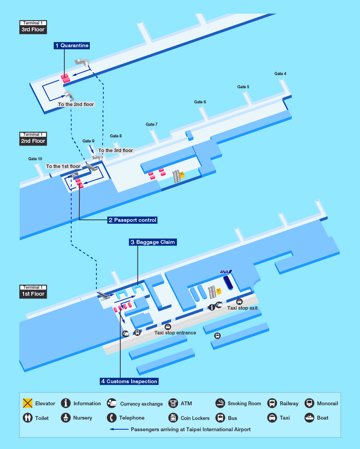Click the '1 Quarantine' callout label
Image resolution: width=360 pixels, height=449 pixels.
click(x=71, y=46)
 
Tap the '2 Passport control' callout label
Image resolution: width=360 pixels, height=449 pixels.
click(x=132, y=220)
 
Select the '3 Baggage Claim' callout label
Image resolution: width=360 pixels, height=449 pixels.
click(x=153, y=242)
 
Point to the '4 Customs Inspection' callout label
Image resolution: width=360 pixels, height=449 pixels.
click(x=129, y=381)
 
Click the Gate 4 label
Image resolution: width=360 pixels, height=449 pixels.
click(x=280, y=74)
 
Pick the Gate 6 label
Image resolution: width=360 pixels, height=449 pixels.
click(x=200, y=102)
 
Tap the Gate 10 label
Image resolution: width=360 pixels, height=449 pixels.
click(x=35, y=159)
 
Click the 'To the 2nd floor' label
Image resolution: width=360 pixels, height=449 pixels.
click(x=76, y=105)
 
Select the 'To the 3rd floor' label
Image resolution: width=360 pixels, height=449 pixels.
click(x=115, y=151)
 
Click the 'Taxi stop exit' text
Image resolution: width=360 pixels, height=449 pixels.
click(x=242, y=308)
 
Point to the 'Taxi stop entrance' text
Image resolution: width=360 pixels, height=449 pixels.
click(x=175, y=332)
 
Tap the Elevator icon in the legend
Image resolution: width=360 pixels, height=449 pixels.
click(x=27, y=403)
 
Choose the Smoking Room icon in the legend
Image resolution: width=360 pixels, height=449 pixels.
click(x=220, y=403)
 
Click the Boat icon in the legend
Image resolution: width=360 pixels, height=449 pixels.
click(x=309, y=418)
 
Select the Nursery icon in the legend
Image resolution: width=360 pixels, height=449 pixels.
click(x=66, y=418)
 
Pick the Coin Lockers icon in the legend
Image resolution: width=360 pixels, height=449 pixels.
click(x=173, y=418)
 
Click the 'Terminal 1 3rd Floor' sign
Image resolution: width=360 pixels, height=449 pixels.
click(x=33, y=27)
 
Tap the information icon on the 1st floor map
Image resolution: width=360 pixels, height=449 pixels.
click(x=212, y=307)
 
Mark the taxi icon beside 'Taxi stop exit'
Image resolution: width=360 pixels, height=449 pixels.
click(x=240, y=302)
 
